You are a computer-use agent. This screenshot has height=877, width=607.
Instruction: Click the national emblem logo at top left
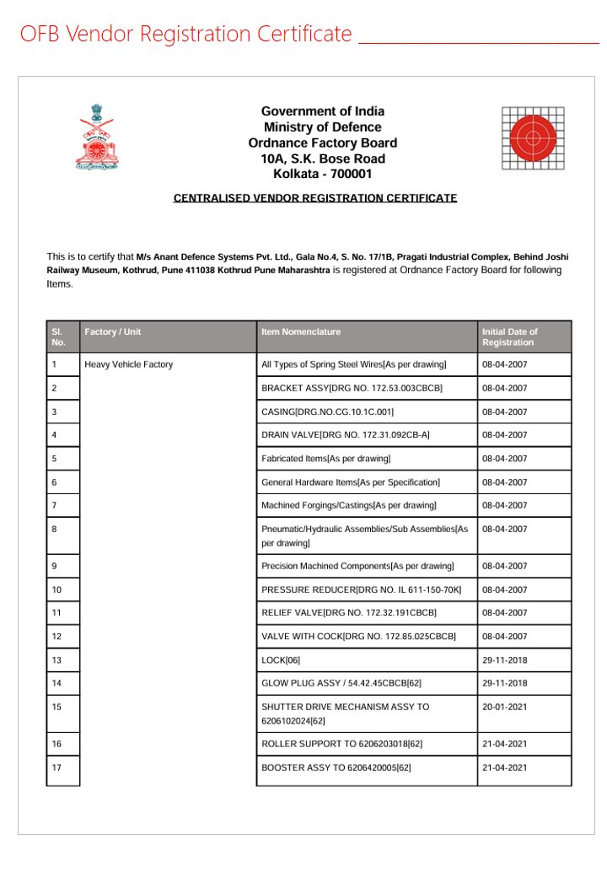pyautogui.click(x=99, y=137)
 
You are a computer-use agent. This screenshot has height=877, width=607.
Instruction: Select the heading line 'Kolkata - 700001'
pyautogui.click(x=322, y=175)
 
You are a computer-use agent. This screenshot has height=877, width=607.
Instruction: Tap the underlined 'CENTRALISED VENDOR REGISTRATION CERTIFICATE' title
pyautogui.click(x=315, y=198)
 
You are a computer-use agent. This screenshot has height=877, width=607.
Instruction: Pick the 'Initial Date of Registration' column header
pyautogui.click(x=510, y=337)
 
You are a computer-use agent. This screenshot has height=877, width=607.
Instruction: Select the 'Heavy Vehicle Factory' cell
pyautogui.click(x=129, y=364)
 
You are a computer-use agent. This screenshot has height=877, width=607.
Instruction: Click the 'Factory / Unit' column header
pyautogui.click(x=113, y=332)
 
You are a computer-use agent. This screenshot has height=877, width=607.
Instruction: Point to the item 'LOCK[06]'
pyautogui.click(x=281, y=659)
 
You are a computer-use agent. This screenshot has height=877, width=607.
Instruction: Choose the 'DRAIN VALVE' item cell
pyautogui.click(x=346, y=435)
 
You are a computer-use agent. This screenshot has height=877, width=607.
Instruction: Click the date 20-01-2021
pyautogui.click(x=505, y=707)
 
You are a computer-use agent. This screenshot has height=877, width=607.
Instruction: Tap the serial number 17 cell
pyautogui.click(x=56, y=767)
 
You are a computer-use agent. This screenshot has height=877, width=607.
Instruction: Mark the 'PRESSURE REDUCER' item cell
pyautogui.click(x=361, y=589)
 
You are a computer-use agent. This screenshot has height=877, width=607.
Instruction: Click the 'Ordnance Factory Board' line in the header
pyautogui.click(x=322, y=143)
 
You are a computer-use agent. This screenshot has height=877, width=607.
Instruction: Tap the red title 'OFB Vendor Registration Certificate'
pyautogui.click(x=185, y=35)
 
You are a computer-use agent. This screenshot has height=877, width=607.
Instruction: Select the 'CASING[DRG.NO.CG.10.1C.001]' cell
pyautogui.click(x=327, y=412)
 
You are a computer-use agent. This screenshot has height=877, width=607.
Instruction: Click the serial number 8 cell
pyautogui.click(x=55, y=529)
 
